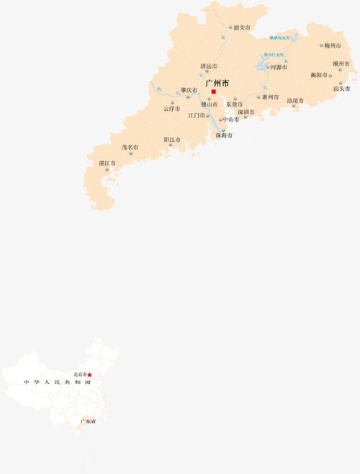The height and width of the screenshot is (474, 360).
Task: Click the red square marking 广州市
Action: (x=213, y=91)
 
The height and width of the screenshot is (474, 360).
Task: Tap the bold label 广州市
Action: (x=217, y=83)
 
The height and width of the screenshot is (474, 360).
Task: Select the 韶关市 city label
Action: (x=243, y=27)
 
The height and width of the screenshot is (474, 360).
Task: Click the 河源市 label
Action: (x=279, y=67)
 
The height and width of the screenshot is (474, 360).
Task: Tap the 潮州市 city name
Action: (x=341, y=63)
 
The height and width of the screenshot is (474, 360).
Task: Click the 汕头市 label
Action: (x=341, y=89)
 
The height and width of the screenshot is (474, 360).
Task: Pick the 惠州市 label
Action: (x=270, y=97)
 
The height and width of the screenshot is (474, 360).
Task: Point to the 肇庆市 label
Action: (x=189, y=90)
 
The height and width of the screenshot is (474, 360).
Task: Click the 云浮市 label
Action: (x=171, y=109)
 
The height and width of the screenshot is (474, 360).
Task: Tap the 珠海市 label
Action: (x=224, y=135)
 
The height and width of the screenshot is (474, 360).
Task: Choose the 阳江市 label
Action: (x=172, y=139)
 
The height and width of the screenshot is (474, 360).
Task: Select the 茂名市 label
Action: (x=130, y=147)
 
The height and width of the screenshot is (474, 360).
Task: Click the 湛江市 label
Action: (x=107, y=164)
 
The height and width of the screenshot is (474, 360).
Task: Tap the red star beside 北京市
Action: (x=90, y=375)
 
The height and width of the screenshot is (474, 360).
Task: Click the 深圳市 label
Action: (x=246, y=112)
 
